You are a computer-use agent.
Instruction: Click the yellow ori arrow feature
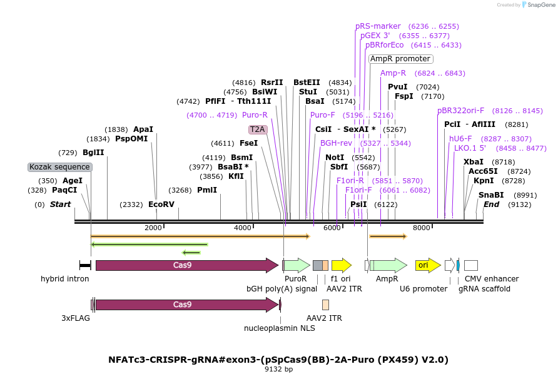[428, 265]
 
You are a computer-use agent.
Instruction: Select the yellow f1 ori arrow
[341, 265]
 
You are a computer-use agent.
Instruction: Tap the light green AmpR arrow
[388, 265]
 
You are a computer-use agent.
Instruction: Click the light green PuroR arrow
[297, 265]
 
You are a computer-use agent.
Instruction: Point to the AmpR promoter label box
[400, 59]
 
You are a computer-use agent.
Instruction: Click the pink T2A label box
[258, 129]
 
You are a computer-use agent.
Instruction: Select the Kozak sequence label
[60, 167]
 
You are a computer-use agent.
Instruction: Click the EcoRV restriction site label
[161, 205]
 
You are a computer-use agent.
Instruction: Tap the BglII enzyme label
[93, 153]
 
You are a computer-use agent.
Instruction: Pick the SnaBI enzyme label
[491, 195]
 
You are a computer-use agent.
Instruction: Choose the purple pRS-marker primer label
[378, 26]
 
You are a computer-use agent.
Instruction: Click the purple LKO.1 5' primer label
[470, 148]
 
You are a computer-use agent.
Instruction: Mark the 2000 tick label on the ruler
[153, 228]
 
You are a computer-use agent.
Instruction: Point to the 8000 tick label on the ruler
[422, 228]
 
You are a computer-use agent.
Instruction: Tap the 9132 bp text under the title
[278, 369]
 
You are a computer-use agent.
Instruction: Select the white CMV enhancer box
[471, 265]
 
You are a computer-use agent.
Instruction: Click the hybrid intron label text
[65, 279]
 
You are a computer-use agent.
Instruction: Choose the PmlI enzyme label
[207, 190]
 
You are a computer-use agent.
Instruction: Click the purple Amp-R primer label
[393, 73]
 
